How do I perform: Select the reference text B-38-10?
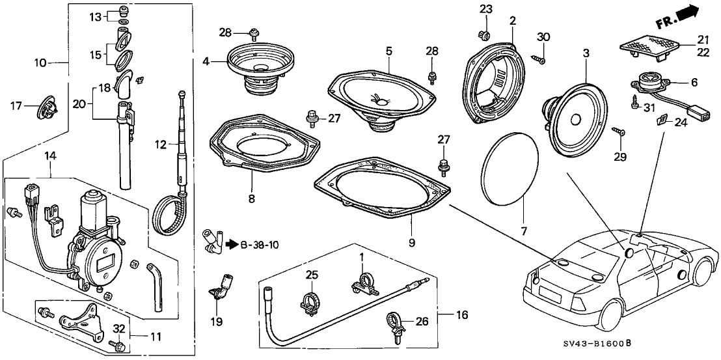pos(260,245)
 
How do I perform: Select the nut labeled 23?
pos(483,35)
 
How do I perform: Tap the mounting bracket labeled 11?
pos(78,322)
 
